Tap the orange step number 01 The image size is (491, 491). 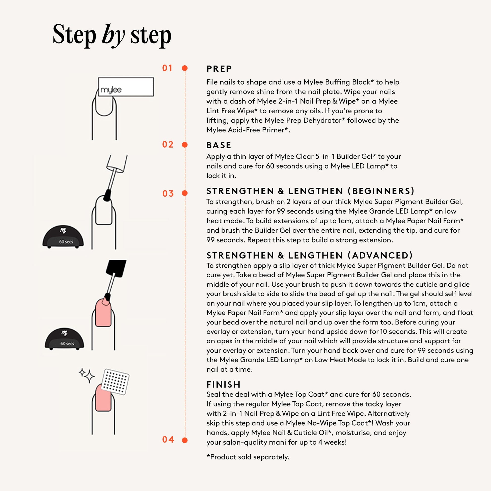(x=168, y=68)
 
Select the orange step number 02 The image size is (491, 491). (x=168, y=145)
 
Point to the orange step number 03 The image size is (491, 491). (x=168, y=194)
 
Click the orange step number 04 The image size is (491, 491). (x=168, y=440)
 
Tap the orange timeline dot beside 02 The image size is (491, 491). (x=185, y=145)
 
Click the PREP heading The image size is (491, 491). (x=219, y=69)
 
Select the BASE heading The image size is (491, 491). (x=219, y=145)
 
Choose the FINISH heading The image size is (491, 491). (x=223, y=385)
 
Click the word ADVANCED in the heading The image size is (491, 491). (x=380, y=255)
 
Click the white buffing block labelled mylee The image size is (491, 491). (x=126, y=87)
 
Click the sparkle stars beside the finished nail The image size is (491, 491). (x=87, y=375)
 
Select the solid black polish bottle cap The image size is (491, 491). (x=116, y=268)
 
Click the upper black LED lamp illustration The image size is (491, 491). (x=63, y=237)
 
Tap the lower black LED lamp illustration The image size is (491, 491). (x=64, y=339)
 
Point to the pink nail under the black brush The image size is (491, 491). (x=103, y=312)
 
